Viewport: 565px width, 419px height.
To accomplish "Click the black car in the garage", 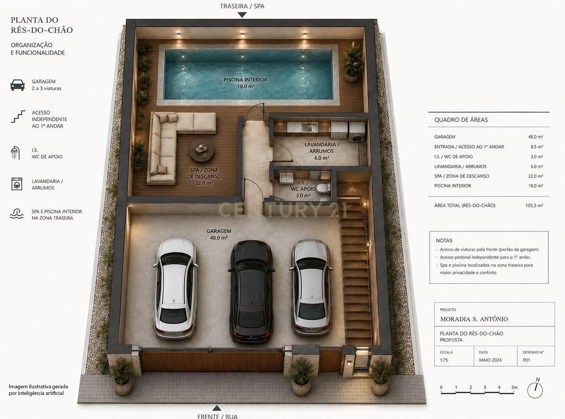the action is [x=251, y=291].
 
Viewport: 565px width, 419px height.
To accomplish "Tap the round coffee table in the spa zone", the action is [x=202, y=150].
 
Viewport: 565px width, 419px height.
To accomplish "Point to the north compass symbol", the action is [x=535, y=389].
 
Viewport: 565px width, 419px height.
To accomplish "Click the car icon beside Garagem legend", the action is [x=17, y=85].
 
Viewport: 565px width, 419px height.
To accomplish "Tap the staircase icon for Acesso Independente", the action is [x=18, y=116].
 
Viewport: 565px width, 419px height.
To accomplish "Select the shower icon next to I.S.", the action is [x=15, y=153].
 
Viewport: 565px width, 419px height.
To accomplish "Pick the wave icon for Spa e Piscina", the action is [x=17, y=214].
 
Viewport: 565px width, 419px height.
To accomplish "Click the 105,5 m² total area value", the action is [x=534, y=205].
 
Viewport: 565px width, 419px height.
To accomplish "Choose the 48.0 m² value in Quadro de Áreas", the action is [x=536, y=137].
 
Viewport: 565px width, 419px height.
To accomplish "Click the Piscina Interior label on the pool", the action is [x=245, y=80].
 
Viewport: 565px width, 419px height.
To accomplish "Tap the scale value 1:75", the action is [x=444, y=360].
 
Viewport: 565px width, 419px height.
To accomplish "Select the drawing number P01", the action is [x=526, y=360].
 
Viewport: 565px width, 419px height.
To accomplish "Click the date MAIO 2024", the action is [x=490, y=360].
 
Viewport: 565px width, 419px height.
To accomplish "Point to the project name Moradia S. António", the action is [x=474, y=319].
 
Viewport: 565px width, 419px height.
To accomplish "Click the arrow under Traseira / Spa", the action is [x=242, y=15].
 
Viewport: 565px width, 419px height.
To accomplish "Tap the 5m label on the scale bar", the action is [x=514, y=388].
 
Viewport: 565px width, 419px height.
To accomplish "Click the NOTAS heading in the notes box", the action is [x=444, y=240].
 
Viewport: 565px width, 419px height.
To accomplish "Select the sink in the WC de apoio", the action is [x=287, y=178].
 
